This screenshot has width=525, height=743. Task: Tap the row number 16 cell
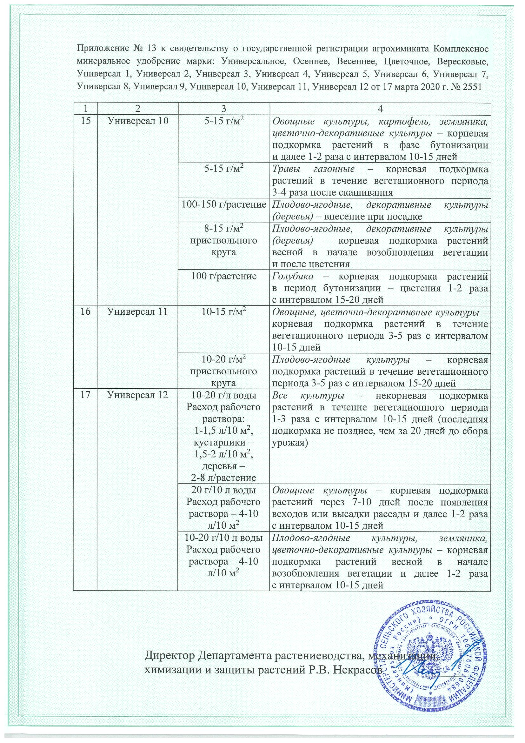[x=85, y=312]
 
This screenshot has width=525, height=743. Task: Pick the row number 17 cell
[x=85, y=395]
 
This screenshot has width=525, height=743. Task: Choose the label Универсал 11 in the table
[x=138, y=312]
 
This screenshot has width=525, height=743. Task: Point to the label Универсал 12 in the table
[x=138, y=395]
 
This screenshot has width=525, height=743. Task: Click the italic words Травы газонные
[x=314, y=169]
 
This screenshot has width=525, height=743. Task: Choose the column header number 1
[x=85, y=109]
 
